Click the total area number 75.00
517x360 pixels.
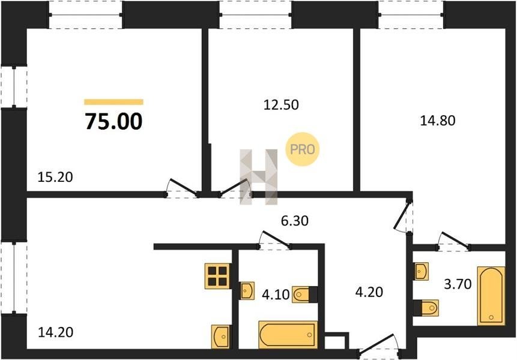[x=113, y=121]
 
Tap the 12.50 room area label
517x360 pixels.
[x=281, y=105]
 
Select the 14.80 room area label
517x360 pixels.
[x=438, y=121]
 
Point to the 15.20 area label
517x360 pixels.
[x=55, y=177]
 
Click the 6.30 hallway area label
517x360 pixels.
[x=295, y=221]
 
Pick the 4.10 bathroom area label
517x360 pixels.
[x=276, y=295]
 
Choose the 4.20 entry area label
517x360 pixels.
[x=369, y=292]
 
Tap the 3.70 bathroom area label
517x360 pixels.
[x=458, y=284]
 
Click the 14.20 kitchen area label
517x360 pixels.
[x=56, y=332]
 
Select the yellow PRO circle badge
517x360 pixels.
[x=303, y=149]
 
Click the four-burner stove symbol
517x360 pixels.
[x=217, y=277]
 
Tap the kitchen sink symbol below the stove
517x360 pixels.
[x=221, y=337]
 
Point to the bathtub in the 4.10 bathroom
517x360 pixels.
[x=288, y=335]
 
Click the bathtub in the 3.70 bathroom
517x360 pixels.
[x=491, y=296]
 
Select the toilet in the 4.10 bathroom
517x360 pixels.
[x=304, y=295]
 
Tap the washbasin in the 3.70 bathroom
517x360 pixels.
[x=421, y=271]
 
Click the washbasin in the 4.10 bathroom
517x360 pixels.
[x=247, y=290]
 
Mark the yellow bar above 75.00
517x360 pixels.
[x=113, y=102]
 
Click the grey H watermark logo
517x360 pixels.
[x=259, y=177]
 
